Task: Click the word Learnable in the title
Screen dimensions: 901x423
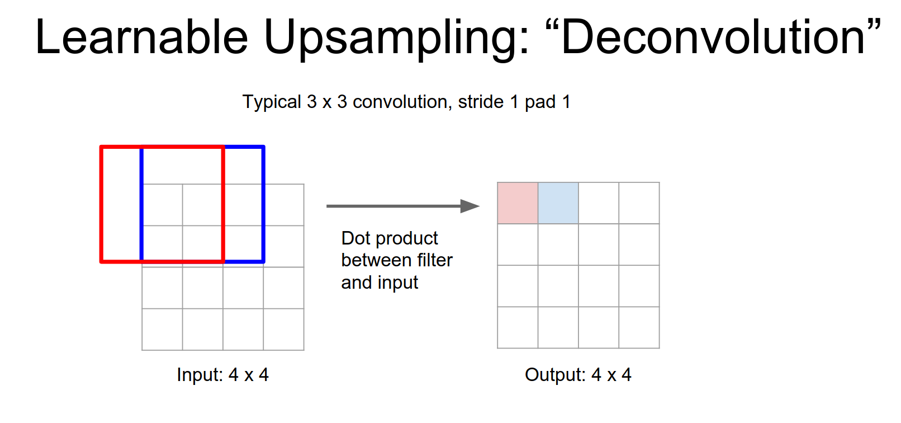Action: click(x=141, y=37)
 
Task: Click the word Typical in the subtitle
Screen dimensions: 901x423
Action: click(x=272, y=102)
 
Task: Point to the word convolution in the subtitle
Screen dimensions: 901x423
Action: click(x=400, y=102)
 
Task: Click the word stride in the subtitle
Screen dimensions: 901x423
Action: click(x=481, y=102)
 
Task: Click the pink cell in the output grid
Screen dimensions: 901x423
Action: click(x=518, y=203)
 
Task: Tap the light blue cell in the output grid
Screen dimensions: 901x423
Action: click(x=558, y=203)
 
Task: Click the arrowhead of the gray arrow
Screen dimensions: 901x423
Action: click(x=470, y=206)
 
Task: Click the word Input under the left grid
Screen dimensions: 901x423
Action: click(x=200, y=375)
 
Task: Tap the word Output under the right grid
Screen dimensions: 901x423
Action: click(x=555, y=375)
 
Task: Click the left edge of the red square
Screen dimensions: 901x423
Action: click(x=102, y=204)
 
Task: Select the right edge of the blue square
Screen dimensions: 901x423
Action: click(x=263, y=204)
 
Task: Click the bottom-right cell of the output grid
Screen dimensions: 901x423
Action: click(x=639, y=328)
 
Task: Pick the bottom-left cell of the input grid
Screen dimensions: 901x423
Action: click(x=162, y=330)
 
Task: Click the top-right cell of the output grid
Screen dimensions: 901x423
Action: click(x=639, y=203)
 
